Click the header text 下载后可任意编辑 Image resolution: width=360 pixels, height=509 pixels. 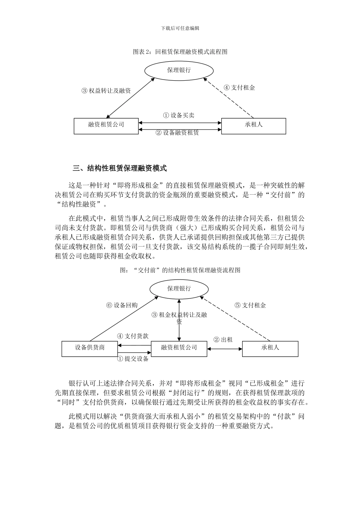[180, 28]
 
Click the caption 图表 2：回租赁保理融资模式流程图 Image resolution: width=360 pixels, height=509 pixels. [180, 52]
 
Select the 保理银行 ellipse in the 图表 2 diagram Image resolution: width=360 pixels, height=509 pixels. [179, 70]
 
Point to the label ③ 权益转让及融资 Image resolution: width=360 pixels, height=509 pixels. [106, 91]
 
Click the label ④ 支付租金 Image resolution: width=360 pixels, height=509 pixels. [239, 88]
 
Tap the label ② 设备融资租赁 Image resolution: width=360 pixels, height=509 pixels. [178, 133]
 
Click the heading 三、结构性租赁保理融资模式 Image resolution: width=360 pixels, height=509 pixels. [120, 168]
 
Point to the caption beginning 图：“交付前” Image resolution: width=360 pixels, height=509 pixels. [180, 270]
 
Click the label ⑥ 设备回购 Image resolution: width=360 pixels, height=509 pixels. [122, 306]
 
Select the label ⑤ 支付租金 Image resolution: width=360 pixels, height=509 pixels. [250, 305]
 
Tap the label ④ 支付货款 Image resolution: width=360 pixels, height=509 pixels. [133, 336]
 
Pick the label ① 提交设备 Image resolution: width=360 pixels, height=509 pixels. [133, 359]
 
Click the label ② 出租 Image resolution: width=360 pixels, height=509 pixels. [223, 340]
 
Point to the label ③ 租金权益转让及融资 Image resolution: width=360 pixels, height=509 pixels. [179, 318]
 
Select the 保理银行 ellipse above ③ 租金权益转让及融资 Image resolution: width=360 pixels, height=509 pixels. [179, 289]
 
